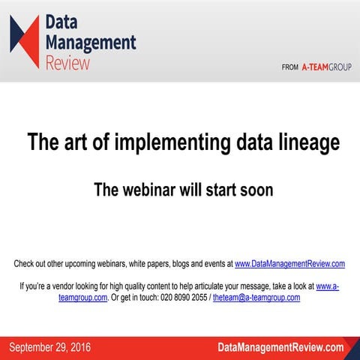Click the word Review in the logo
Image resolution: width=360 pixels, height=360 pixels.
click(67, 62)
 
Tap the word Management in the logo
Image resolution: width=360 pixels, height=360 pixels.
click(91, 42)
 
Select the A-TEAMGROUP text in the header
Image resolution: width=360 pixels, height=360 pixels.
click(326, 67)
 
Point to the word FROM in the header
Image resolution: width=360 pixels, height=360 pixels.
click(290, 67)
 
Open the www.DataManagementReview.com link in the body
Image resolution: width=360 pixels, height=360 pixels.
click(289, 264)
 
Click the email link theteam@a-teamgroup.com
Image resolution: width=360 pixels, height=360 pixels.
click(256, 297)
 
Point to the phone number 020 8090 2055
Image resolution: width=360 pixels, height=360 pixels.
click(179, 297)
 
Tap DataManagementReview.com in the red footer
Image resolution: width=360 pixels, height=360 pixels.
click(280, 347)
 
